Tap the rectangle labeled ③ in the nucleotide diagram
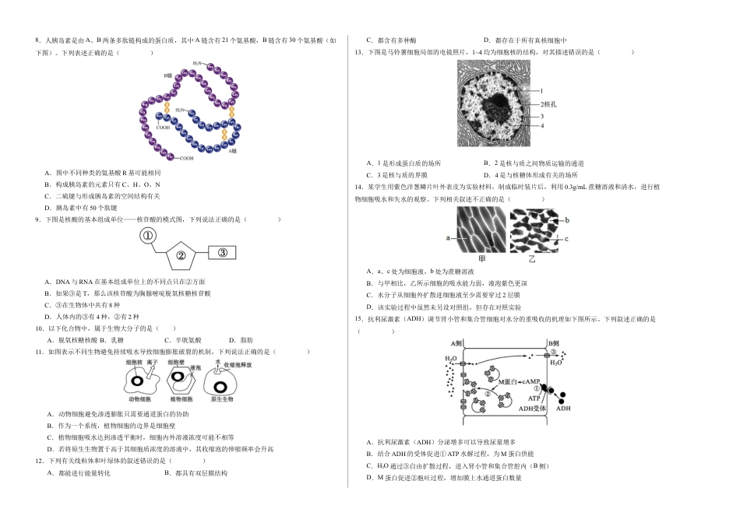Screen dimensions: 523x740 point(222,252)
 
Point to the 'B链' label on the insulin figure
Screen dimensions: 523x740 point(167,75)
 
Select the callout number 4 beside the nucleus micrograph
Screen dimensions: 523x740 point(530,125)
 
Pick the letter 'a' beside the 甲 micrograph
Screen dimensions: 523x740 point(449,237)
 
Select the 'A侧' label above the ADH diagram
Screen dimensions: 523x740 point(457,343)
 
